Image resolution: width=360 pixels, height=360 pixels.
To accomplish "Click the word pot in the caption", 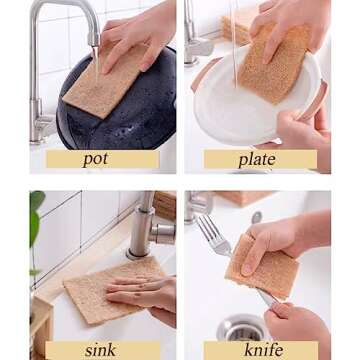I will pyautogui.click(x=96, y=159).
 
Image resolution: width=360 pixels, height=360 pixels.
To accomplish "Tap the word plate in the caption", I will pyautogui.click(x=257, y=159).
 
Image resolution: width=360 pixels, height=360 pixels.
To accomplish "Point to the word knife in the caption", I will pyautogui.click(x=263, y=350).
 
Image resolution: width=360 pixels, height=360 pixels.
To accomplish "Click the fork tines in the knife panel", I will pyautogui.click(x=211, y=232).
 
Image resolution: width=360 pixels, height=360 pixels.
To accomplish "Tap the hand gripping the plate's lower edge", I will pyautogui.click(x=305, y=130).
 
